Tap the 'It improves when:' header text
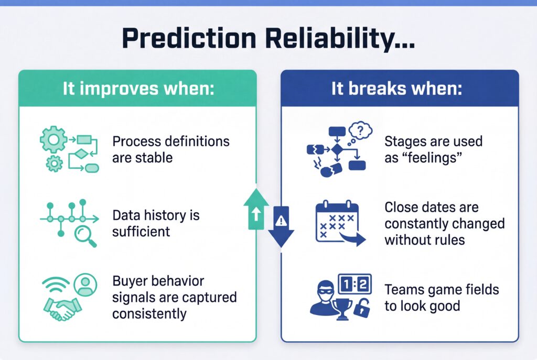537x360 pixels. pyautogui.click(x=138, y=88)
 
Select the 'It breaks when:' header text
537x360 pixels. pyautogui.click(x=396, y=88)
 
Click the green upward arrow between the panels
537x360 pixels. pyautogui.click(x=256, y=209)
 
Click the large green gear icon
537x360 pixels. pyautogui.click(x=53, y=140)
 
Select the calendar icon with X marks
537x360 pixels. pyautogui.click(x=336, y=222)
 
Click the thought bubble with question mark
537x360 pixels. pyautogui.click(x=360, y=130)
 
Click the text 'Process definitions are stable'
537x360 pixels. pyautogui.click(x=171, y=149)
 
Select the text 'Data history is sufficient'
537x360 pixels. pyautogui.click(x=156, y=223)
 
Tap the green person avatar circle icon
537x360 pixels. pyautogui.click(x=83, y=285)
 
